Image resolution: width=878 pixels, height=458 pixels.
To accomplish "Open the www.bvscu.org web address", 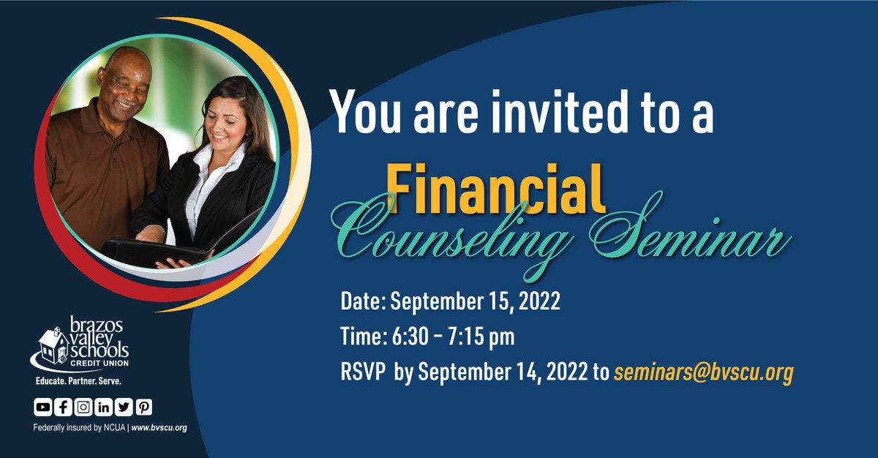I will [x=160, y=427].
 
